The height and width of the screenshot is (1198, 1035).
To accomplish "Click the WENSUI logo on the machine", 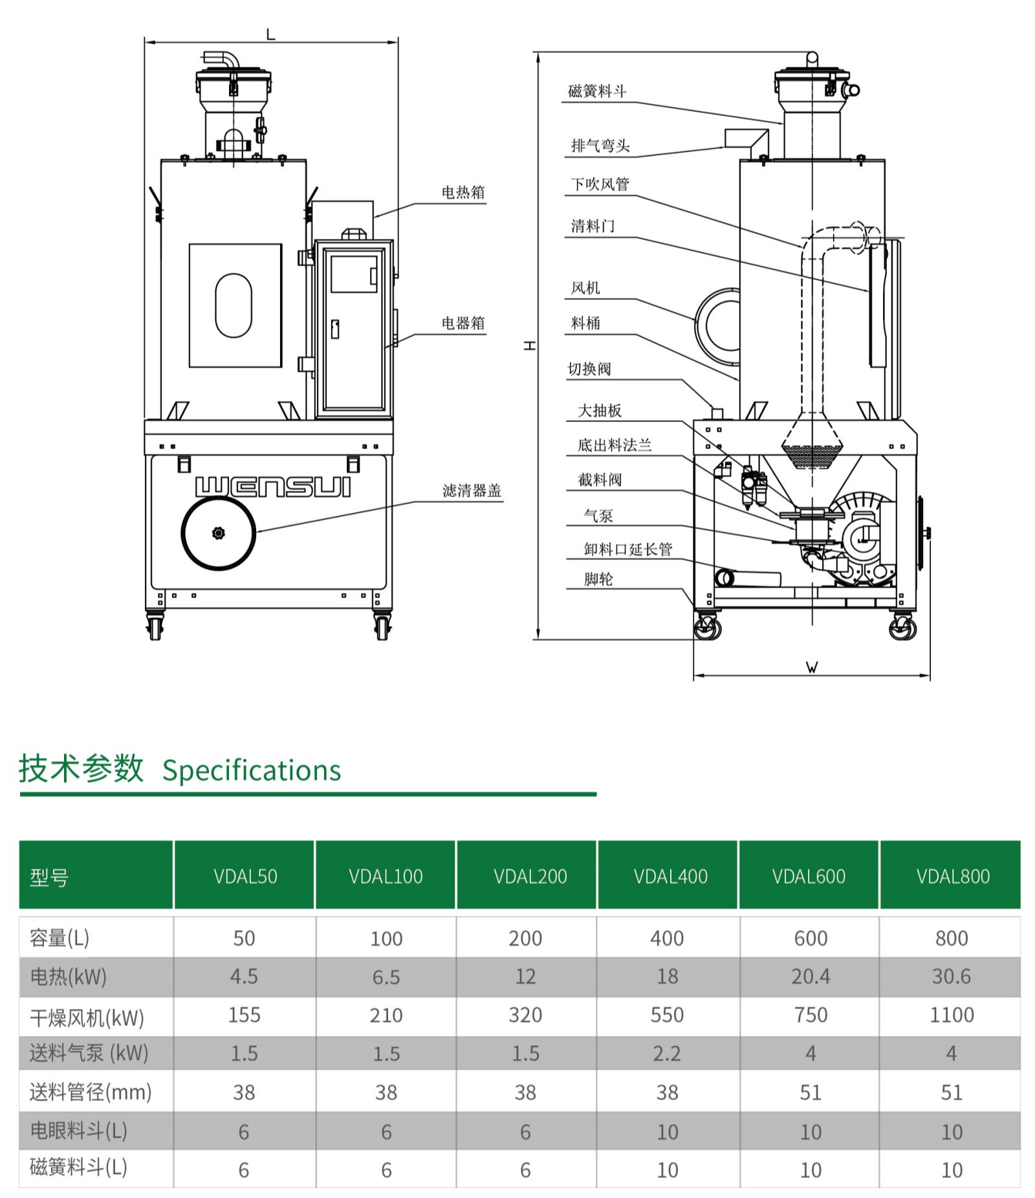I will (x=272, y=487).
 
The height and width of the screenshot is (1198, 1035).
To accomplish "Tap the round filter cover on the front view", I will (x=219, y=533).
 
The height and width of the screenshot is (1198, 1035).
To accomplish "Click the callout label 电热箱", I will (x=463, y=192).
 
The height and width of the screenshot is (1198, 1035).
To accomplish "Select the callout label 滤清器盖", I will (x=472, y=491).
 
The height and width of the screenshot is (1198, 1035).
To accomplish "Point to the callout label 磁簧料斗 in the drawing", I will (x=596, y=91).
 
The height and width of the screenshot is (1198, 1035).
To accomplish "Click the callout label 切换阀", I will (x=589, y=369).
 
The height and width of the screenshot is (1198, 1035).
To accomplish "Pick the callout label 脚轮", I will (x=598, y=579).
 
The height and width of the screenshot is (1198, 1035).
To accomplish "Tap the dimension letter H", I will (x=530, y=346).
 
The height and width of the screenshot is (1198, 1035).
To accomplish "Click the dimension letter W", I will (x=812, y=667).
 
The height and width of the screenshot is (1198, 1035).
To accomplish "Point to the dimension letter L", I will (x=270, y=34).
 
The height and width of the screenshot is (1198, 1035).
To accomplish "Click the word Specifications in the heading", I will (x=251, y=770).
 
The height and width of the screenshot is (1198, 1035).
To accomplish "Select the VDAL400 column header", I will (x=670, y=876).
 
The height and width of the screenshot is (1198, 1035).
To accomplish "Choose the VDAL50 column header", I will (x=245, y=876).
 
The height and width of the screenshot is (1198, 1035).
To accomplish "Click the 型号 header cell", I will (x=49, y=878).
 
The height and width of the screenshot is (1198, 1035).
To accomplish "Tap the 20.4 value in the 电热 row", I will (x=811, y=976).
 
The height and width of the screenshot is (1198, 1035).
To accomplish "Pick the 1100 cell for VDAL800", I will (x=951, y=1015).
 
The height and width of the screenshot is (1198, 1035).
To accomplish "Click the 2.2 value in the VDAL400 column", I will (x=667, y=1054).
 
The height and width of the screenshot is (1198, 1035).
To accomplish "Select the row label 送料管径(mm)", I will (x=91, y=1093).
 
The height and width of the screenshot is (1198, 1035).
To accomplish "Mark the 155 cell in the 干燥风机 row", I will (x=244, y=1015).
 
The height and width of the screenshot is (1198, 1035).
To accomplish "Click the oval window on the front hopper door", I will (x=234, y=305).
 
